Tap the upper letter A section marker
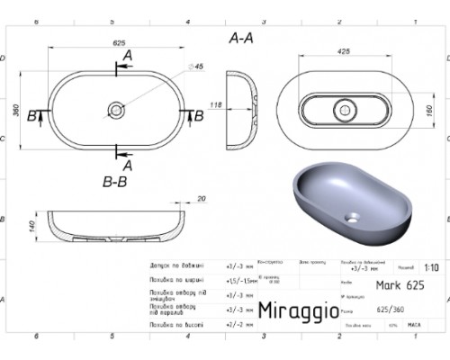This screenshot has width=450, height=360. coord(126,57)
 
